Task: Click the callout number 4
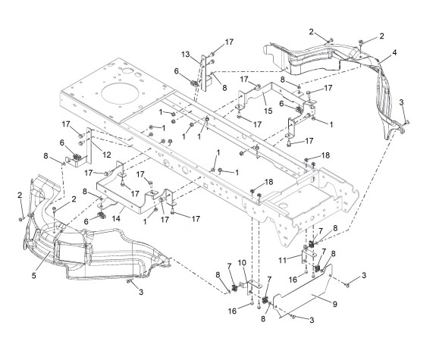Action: click(x=394, y=52)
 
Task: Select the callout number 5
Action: click(x=34, y=275)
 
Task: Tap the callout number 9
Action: click(x=335, y=304)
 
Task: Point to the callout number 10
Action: click(x=242, y=263)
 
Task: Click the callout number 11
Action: click(x=283, y=260)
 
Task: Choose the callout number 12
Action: click(x=107, y=155)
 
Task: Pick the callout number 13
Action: click(x=186, y=54)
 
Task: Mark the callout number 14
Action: click(x=116, y=218)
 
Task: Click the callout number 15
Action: click(x=268, y=111)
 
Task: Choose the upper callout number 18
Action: click(x=325, y=155)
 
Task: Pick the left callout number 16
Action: click(x=232, y=311)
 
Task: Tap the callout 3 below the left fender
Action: click(x=141, y=292)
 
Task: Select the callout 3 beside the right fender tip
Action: click(x=402, y=102)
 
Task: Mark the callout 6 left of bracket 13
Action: click(x=176, y=71)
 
